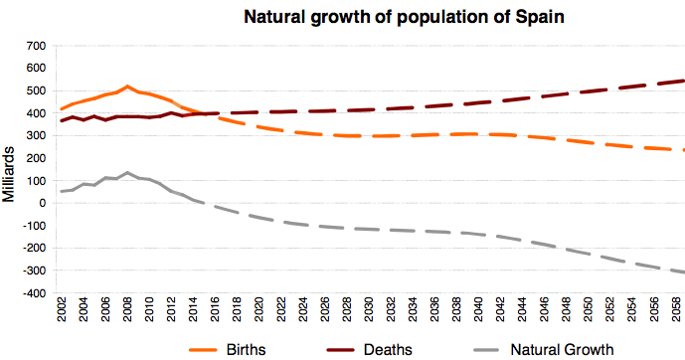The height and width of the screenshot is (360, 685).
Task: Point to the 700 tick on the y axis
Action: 35,46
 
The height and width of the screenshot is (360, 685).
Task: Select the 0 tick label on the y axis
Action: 41,203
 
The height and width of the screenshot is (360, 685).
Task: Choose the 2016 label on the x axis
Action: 215,313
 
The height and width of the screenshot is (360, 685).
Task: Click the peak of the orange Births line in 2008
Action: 128,87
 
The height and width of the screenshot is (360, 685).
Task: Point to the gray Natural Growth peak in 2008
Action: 128,172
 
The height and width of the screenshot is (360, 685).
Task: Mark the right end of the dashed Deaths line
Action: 683,81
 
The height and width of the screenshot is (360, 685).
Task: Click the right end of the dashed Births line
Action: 683,150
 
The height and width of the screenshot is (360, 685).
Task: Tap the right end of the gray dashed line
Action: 683,271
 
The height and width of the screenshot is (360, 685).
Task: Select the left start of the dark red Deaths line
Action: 62,120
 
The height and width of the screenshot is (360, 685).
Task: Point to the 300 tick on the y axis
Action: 35,135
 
